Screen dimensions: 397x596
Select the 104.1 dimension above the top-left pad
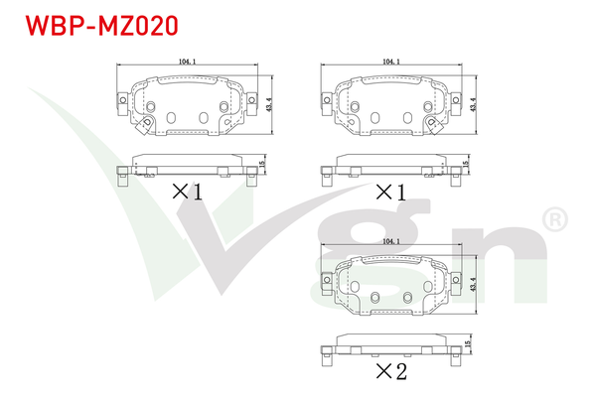coord(186,63)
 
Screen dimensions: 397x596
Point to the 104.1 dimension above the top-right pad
coord(390,63)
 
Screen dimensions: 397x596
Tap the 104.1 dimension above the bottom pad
coord(390,241)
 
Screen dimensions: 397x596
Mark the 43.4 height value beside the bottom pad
coord(477,281)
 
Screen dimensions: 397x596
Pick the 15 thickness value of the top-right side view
coord(466,165)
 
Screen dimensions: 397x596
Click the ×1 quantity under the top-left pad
coord(187,192)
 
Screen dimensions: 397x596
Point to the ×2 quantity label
coord(390,372)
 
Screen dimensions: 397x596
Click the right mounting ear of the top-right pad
coord(458,99)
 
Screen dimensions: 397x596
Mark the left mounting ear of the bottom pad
coord(323,279)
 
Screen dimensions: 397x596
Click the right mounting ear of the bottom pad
coord(458,279)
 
